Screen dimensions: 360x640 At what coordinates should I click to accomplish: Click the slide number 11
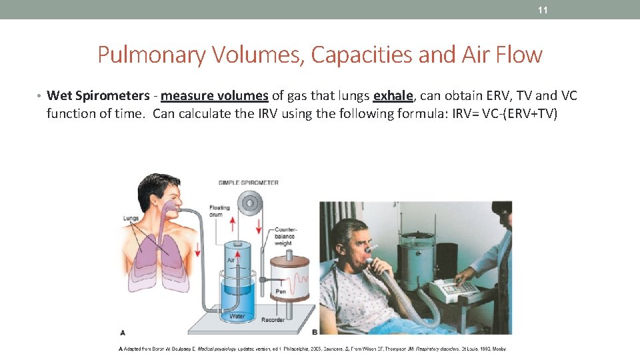tap(542, 10)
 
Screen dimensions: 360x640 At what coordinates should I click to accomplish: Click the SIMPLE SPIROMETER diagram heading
tap(248, 183)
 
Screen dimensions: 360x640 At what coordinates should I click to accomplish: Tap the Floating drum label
tap(219, 211)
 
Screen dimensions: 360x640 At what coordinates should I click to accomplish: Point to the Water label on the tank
tap(237, 317)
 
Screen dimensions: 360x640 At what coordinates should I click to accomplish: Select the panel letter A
tap(122, 331)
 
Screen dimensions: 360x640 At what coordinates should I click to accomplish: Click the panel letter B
tap(315, 331)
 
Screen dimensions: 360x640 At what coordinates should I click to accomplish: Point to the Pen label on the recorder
tap(281, 292)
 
